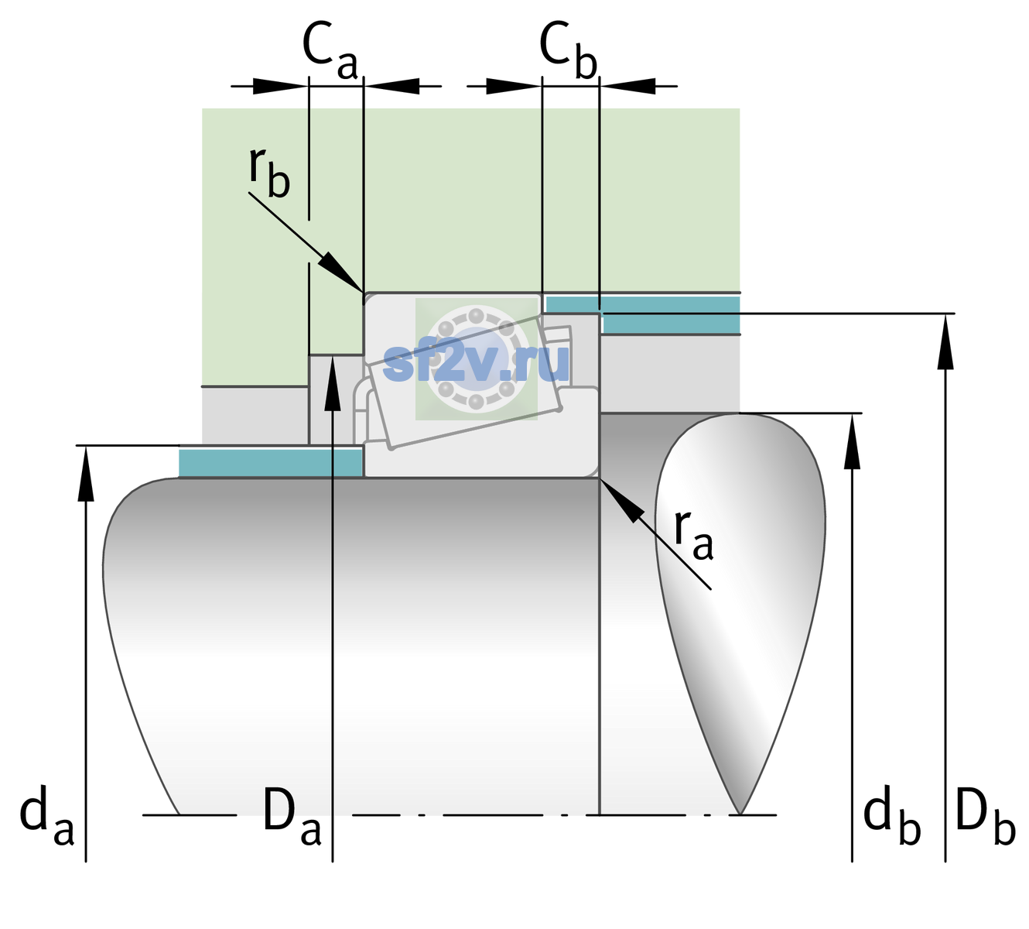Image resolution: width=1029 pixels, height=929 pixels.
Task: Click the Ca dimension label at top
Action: coord(330,50)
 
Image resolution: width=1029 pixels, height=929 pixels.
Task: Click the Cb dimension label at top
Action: coord(569,50)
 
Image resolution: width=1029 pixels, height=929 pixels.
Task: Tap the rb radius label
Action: coord(269,173)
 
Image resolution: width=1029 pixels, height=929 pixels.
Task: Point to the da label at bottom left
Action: coord(46,815)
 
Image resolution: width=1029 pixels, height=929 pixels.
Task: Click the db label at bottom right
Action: coord(892,815)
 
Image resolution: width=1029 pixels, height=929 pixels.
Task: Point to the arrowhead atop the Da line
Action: coord(333,382)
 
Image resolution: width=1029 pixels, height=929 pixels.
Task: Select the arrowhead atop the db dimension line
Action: coord(852,441)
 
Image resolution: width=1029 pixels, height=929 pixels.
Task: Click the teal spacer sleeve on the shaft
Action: coord(270,463)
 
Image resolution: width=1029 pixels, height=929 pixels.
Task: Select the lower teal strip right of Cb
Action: coord(671,324)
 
